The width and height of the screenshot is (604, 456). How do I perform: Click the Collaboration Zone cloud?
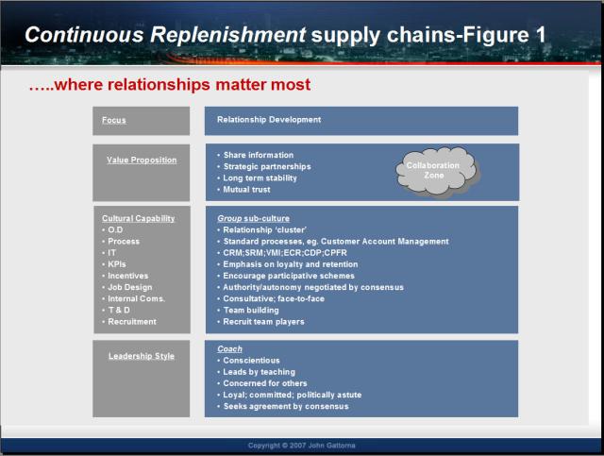click(437, 171)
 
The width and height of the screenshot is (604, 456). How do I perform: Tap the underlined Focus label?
click(114, 120)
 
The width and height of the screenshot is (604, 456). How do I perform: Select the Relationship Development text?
click(269, 120)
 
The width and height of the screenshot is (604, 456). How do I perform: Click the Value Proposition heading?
click(142, 160)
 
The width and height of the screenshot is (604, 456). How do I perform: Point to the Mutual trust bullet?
click(246, 190)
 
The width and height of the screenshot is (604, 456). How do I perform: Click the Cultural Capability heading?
click(139, 218)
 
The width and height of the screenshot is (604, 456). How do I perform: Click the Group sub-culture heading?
click(253, 218)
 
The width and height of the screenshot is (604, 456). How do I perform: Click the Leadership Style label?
click(142, 356)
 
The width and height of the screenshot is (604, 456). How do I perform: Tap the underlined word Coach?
click(229, 348)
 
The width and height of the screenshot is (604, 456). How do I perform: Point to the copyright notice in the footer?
click(302, 446)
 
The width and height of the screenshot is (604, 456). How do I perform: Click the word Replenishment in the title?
click(228, 35)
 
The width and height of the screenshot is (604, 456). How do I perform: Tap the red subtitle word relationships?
click(159, 85)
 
